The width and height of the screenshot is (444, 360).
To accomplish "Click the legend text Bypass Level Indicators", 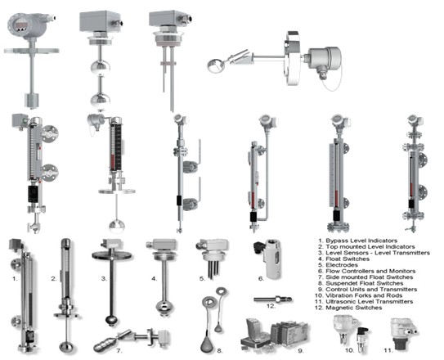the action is [361, 241].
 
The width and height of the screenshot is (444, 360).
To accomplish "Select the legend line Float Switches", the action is [348, 259].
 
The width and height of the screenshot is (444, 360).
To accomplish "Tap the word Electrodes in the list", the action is [342, 265].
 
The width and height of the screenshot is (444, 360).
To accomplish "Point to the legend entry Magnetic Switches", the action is [354, 308].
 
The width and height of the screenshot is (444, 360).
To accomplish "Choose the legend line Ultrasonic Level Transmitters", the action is [370, 302].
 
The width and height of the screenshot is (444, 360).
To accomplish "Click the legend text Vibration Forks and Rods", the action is [364, 295].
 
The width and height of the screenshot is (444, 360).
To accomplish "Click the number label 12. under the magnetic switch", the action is [271, 306].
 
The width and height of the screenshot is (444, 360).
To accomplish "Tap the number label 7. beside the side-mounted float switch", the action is [119, 351].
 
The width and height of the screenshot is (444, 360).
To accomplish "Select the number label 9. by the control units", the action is [301, 351].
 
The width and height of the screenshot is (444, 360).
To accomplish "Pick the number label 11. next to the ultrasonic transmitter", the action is [388, 351].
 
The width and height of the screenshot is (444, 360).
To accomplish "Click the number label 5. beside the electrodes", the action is [202, 279].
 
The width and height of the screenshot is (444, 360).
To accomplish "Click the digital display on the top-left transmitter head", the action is [21, 26].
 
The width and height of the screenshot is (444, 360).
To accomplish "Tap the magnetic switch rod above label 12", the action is [272, 299].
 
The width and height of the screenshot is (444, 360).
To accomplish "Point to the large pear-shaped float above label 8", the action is [207, 343].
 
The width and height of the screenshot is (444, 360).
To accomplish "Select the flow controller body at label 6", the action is [272, 259].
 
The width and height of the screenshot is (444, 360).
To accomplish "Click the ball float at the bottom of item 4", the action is [164, 308].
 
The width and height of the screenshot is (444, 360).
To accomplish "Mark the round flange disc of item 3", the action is [111, 255].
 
